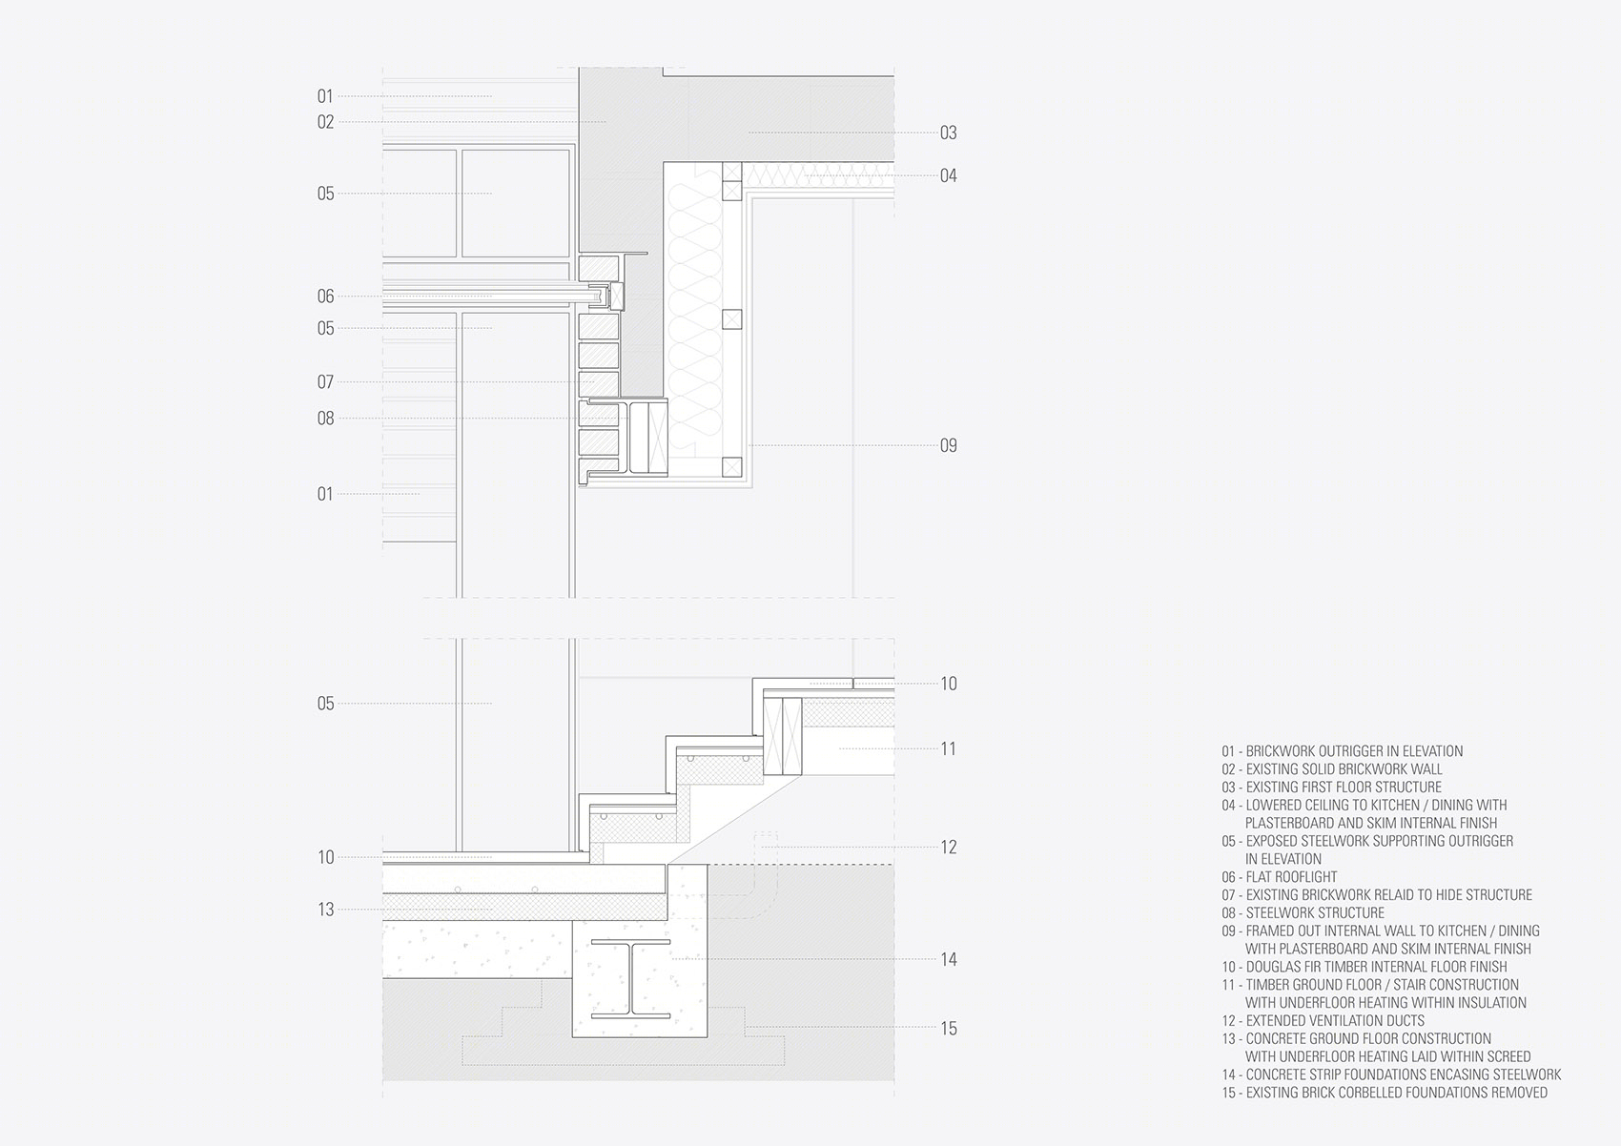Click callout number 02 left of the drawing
(x=326, y=122)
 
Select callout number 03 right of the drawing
(x=948, y=133)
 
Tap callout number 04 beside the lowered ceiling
(x=948, y=175)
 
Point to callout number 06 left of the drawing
(x=326, y=296)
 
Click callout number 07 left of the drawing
(x=326, y=382)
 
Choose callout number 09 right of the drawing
(x=948, y=445)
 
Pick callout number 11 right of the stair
(x=948, y=748)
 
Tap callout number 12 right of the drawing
(x=948, y=848)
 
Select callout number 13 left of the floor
(x=326, y=910)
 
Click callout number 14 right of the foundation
(x=948, y=960)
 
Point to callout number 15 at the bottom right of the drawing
(x=948, y=1028)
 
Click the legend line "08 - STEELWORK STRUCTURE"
(x=1303, y=913)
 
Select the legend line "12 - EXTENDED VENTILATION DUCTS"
(x=1323, y=1021)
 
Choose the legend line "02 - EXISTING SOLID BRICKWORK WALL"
(x=1331, y=769)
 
